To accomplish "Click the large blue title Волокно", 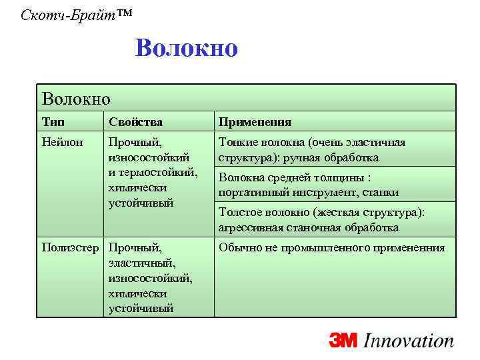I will (x=185, y=49).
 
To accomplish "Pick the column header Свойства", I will (x=135, y=122).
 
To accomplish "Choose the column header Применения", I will (x=255, y=122).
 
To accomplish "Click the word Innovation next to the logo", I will (x=409, y=341).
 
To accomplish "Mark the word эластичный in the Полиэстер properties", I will (x=141, y=263).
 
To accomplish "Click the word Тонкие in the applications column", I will (x=237, y=142).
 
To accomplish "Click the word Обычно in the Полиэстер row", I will (x=239, y=248).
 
